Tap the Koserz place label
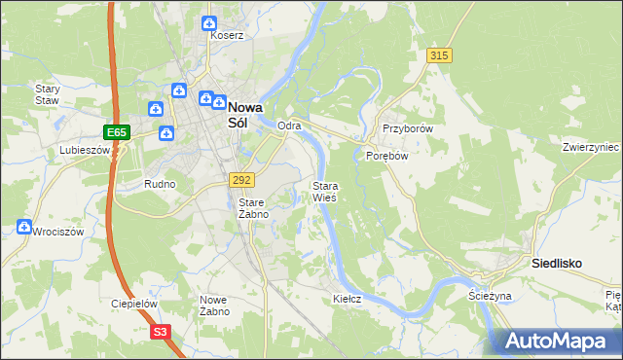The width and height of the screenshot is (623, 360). [x=227, y=35]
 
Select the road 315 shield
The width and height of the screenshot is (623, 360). [x=439, y=55]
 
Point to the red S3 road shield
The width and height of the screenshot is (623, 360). [x=162, y=332]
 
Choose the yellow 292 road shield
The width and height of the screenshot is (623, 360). [x=242, y=180]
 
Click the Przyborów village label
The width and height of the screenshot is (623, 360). [x=407, y=128]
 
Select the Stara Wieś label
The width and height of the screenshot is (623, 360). [x=324, y=192]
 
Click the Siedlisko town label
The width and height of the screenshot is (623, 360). [x=557, y=263]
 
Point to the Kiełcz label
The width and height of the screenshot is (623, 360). [x=347, y=299]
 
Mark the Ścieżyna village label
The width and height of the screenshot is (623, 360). [x=490, y=295]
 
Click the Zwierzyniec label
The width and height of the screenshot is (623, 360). [x=591, y=147]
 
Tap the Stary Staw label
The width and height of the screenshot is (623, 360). [x=48, y=94]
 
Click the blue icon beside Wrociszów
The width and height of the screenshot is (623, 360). [x=24, y=227]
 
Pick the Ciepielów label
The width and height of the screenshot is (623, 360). [x=134, y=304]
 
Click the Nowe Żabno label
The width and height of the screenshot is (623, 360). [x=214, y=306]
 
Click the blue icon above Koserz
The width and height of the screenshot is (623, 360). [x=208, y=23]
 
